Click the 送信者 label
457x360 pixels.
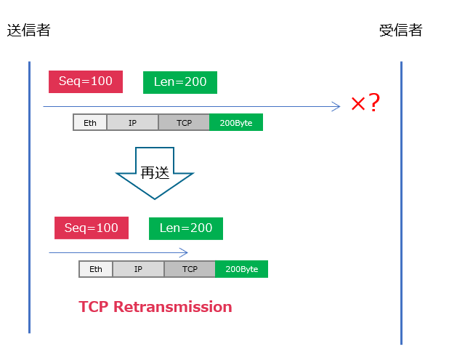(x=28, y=31)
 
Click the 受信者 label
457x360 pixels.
(x=400, y=31)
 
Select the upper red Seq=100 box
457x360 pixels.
(x=86, y=81)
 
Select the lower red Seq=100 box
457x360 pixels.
(x=92, y=228)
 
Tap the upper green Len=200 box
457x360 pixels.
(x=180, y=82)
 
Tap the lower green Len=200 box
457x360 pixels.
(x=186, y=228)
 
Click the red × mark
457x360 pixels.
(x=358, y=104)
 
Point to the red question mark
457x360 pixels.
(x=374, y=103)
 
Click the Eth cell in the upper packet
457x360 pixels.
(x=90, y=123)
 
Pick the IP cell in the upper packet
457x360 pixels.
(x=132, y=123)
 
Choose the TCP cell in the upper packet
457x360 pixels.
(x=184, y=123)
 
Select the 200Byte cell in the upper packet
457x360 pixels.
(x=236, y=123)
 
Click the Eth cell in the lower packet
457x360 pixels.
(x=96, y=269)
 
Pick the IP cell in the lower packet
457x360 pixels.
(x=138, y=269)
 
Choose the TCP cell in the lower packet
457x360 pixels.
(x=190, y=269)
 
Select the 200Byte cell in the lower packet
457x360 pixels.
(x=242, y=269)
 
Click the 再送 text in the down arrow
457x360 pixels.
(x=155, y=172)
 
